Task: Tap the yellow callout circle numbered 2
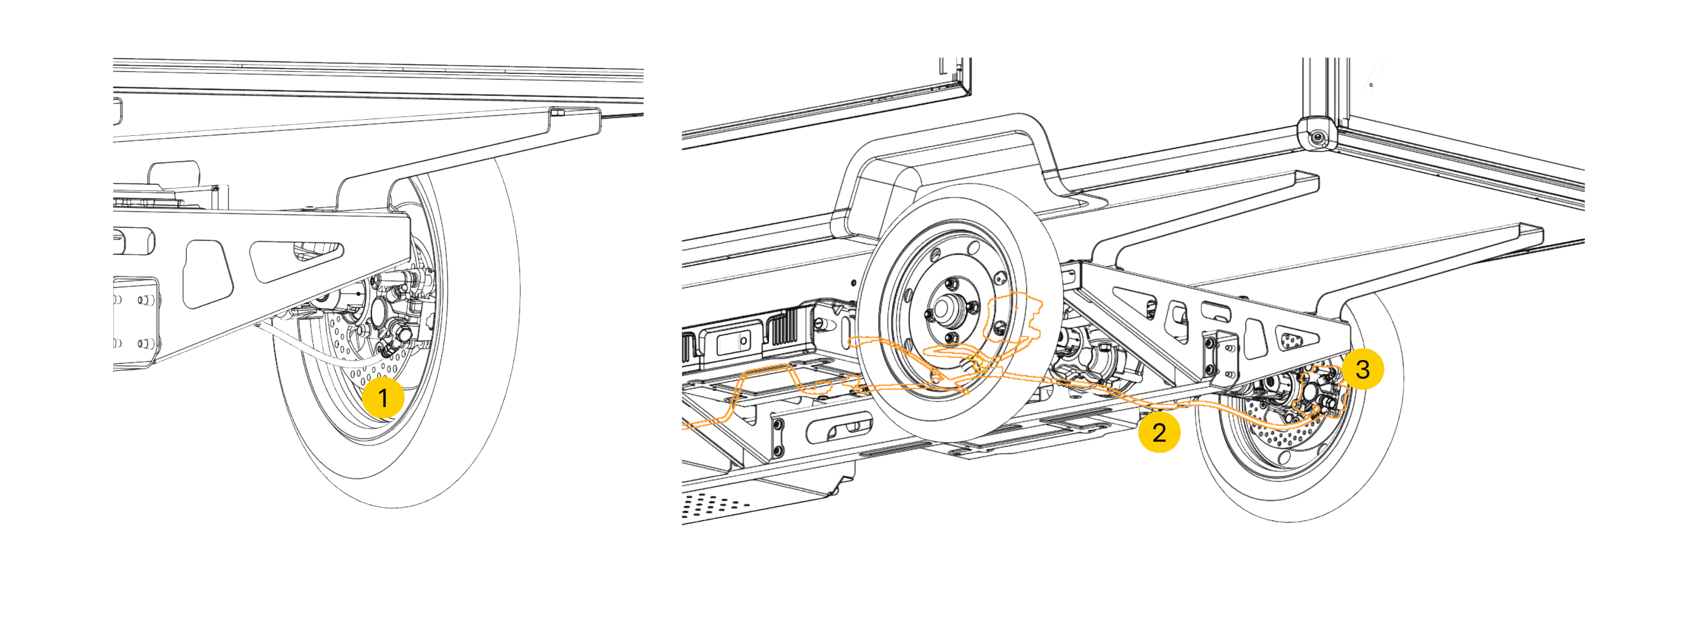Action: (1159, 432)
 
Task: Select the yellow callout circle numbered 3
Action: (1362, 369)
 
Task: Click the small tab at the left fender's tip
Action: (558, 113)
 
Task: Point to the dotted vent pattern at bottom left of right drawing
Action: (715, 505)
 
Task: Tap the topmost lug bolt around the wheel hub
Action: (950, 283)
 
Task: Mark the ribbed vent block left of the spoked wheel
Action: (783, 327)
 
